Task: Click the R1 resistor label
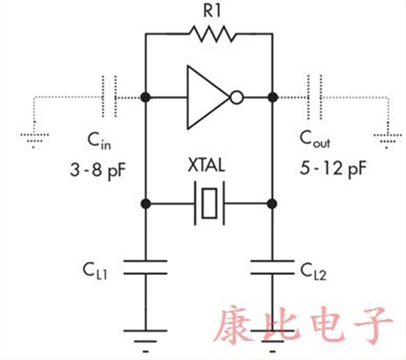coord(210,11)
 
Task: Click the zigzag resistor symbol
coord(211,33)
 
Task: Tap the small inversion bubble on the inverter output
coord(236,97)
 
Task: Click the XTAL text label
coord(209,166)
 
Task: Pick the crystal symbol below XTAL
coord(210,204)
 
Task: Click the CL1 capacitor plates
coord(146,267)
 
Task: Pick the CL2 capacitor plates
coord(273,267)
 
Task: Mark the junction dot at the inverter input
coord(146,97)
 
